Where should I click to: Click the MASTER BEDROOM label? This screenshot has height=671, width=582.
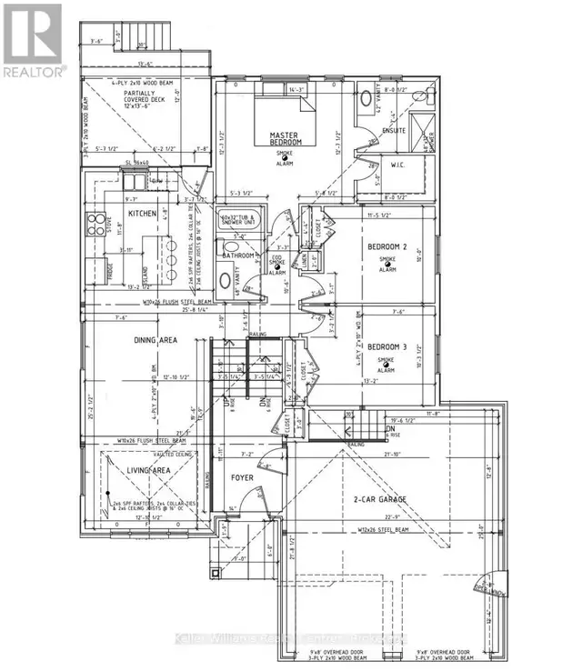coord(285,140)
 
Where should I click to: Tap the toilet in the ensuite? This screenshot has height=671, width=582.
coord(365,99)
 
